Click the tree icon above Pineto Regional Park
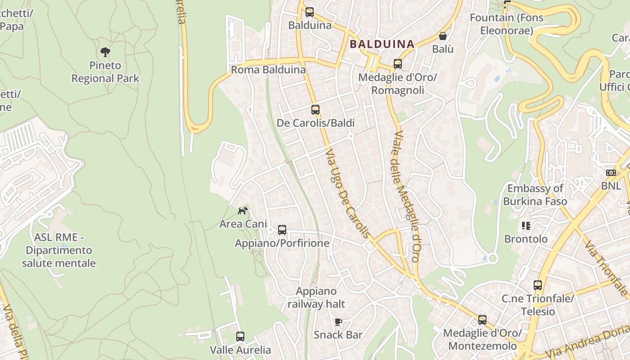click(x=105, y=52)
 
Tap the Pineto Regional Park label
click(x=105, y=72)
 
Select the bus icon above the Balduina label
click(x=310, y=12)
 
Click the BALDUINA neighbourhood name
click(x=382, y=44)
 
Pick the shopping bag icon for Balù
click(x=443, y=36)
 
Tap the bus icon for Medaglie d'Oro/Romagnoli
click(x=398, y=64)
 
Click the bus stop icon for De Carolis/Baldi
click(x=315, y=109)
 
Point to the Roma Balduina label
click(x=268, y=70)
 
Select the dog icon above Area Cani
click(x=243, y=210)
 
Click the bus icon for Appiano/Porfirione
click(x=282, y=230)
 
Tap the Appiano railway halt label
click(x=316, y=297)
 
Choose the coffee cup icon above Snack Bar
click(x=338, y=321)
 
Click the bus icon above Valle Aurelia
click(x=240, y=336)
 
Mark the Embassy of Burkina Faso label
click(x=535, y=195)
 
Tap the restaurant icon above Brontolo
click(x=526, y=225)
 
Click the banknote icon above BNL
click(x=611, y=173)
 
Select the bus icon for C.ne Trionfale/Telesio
click(x=538, y=285)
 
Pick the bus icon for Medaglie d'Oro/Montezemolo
click(x=482, y=320)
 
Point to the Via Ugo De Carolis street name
click(x=348, y=194)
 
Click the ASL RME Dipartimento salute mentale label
click(x=59, y=250)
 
